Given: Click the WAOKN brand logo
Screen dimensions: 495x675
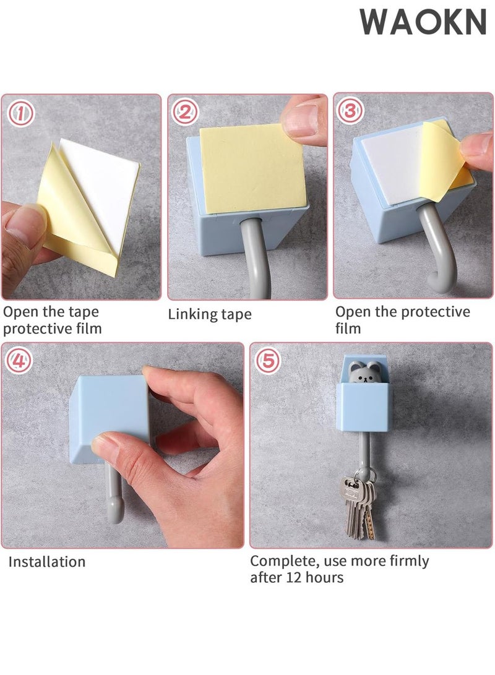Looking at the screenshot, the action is pos(423,22).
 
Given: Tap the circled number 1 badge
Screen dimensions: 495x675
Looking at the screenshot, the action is pos(20,113).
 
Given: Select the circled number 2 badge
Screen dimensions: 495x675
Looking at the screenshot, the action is pos(185,113).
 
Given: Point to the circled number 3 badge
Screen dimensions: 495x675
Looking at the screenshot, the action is pos(350,111).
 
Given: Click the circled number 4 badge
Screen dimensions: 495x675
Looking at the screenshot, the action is pos(19,360).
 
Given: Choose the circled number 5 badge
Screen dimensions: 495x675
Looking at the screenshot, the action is pos(268,360).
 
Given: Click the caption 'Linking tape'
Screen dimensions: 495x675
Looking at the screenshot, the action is pos(210,314).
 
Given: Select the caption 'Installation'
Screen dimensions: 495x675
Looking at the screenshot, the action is pos(47,562).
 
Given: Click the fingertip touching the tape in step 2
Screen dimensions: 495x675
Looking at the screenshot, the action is pos(303,121).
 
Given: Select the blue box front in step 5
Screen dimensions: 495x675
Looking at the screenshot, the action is pos(364,407).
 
